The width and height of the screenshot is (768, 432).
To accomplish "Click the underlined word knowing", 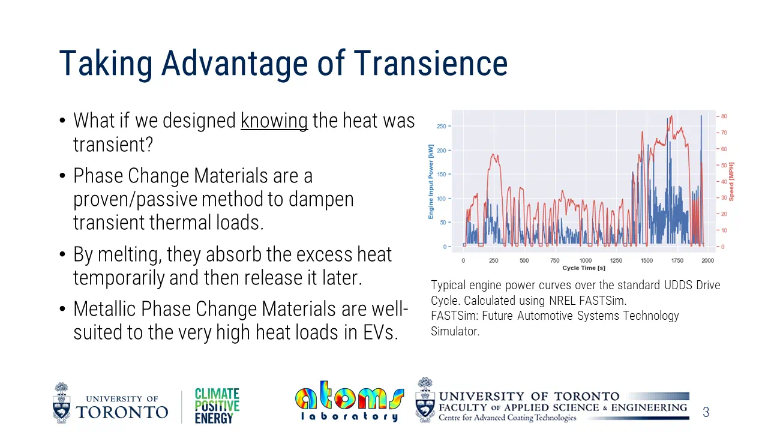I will [x=274, y=121].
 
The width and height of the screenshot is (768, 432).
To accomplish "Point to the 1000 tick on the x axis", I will [x=585, y=261].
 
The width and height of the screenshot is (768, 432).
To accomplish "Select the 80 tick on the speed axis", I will [x=724, y=116].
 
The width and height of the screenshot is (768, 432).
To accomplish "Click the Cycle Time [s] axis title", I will [x=584, y=268].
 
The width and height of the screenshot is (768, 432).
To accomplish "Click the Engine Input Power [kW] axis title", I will [x=431, y=181].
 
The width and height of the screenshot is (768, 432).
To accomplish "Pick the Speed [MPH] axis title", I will [x=731, y=181].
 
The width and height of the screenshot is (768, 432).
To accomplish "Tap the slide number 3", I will [x=706, y=412].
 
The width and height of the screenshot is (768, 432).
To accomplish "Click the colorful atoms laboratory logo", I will [x=349, y=401].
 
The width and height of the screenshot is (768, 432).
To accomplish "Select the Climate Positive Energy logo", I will [x=217, y=406].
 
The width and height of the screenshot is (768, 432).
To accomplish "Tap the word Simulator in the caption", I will [x=455, y=331].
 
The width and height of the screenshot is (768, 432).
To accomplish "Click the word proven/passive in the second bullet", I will [x=137, y=199].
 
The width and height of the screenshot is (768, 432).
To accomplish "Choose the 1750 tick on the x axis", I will [x=677, y=261].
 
